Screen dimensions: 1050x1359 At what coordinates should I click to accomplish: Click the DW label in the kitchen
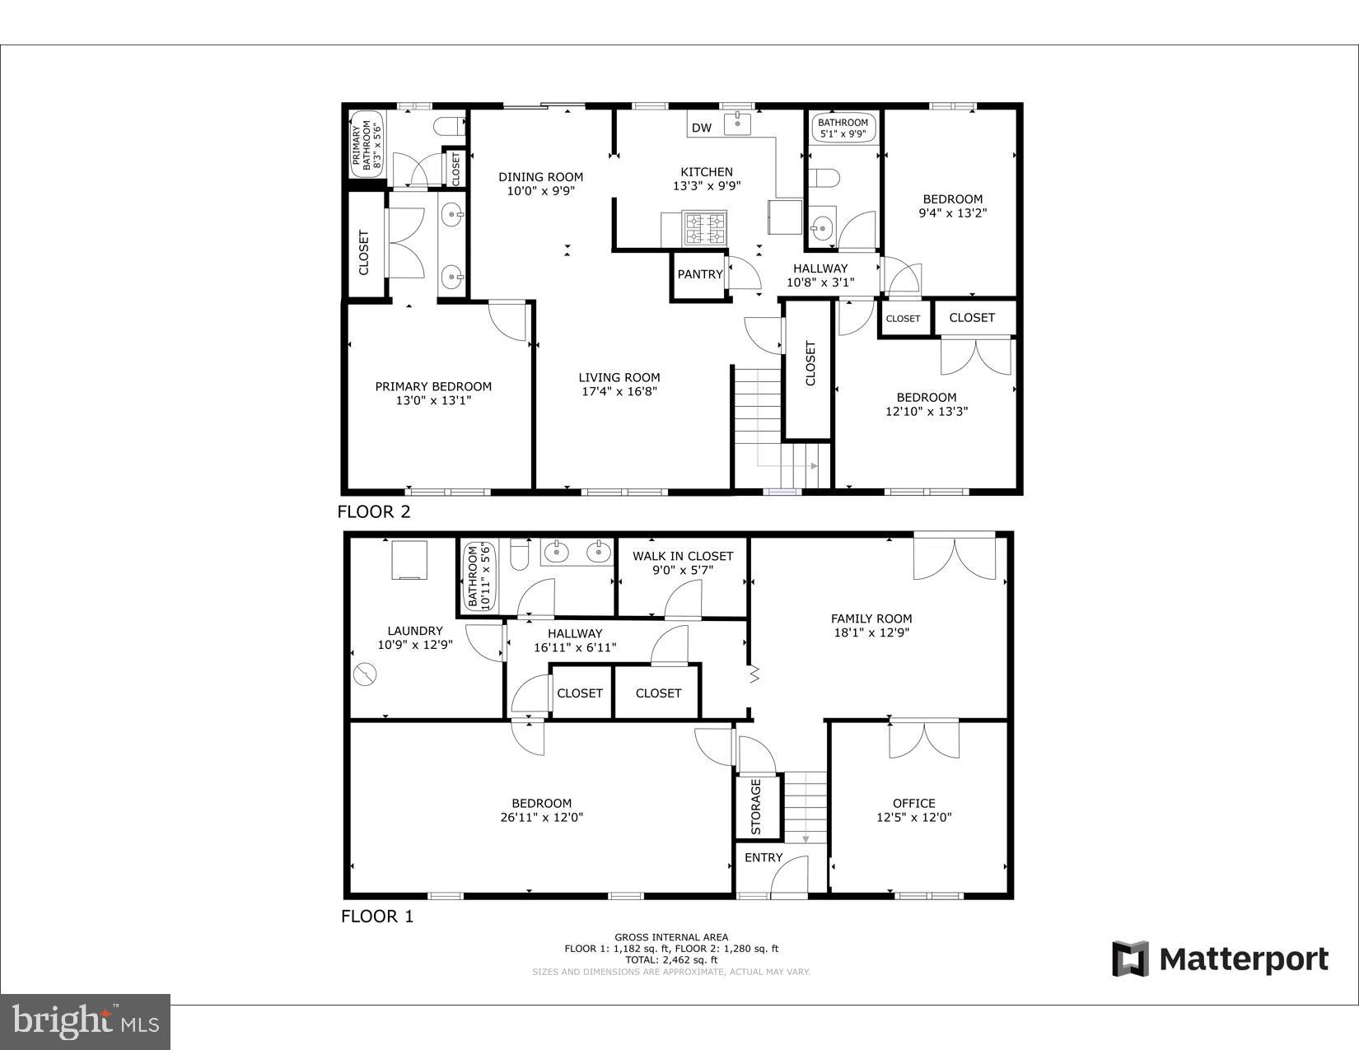point(701,128)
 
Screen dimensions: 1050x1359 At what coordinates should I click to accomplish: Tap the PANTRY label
point(699,274)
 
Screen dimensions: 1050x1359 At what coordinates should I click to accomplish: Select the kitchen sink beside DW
point(738,124)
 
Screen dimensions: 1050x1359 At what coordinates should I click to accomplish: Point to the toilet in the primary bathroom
point(450,127)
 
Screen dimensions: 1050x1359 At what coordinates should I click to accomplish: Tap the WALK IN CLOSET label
point(683,556)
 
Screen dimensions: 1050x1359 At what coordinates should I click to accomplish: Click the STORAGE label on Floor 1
point(756,806)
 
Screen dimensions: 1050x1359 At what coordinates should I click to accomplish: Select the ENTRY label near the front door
point(764,857)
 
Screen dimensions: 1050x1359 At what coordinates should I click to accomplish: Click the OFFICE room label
point(913,803)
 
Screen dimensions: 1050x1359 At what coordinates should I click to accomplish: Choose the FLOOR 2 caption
point(374,511)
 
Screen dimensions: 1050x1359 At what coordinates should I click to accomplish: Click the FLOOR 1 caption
point(377,916)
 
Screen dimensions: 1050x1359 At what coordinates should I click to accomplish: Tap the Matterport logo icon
point(1130,959)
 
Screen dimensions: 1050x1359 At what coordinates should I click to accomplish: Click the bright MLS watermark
point(86,1022)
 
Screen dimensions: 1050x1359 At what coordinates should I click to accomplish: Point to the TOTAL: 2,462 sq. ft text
point(671,959)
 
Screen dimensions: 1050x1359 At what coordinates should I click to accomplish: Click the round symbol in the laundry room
point(364,675)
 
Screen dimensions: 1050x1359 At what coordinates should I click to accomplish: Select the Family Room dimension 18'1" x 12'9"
point(871,633)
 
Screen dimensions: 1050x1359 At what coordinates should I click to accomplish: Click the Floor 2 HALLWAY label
point(820,268)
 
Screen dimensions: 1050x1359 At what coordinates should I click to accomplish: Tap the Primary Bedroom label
point(433,386)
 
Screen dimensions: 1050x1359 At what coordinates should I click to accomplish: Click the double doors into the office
point(923,739)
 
